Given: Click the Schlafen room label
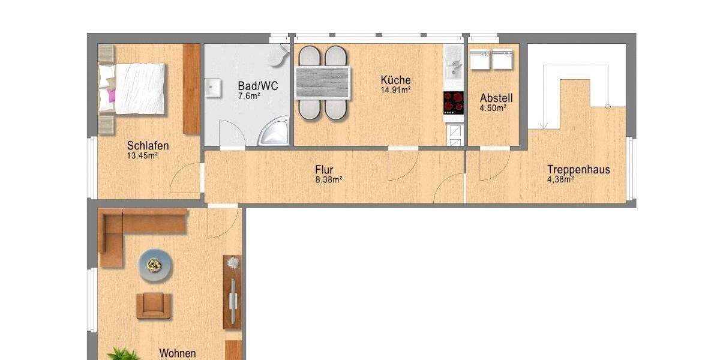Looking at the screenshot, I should (148, 146).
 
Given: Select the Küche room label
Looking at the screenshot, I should (395, 80).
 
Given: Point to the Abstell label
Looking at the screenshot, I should (496, 98).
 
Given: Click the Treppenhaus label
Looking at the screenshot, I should (578, 169).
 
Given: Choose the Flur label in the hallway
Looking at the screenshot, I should (324, 169).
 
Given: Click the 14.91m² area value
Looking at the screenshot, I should (395, 91).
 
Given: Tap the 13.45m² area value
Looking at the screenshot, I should (142, 156).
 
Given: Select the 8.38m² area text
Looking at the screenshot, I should (329, 179).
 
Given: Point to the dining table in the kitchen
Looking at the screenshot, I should (323, 83).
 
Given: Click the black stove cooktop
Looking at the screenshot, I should (454, 102).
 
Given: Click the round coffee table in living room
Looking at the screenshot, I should (157, 264).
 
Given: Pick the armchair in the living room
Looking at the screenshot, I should (154, 305).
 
